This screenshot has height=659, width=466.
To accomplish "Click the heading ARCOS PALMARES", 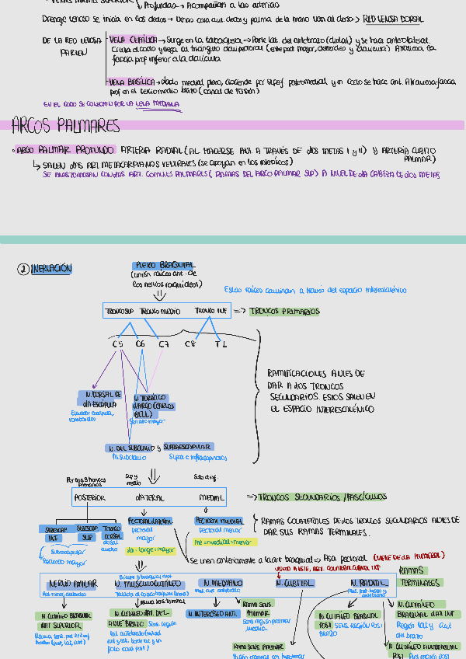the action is [x=66, y=126].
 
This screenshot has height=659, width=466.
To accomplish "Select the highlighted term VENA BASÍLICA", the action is [x=130, y=81].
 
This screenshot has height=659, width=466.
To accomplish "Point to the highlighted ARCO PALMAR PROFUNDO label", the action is [x=66, y=149].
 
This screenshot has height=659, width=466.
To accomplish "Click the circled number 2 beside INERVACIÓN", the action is [x=24, y=269].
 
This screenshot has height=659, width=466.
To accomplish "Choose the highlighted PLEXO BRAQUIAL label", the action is [x=165, y=265].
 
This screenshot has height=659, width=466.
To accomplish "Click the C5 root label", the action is [x=117, y=343].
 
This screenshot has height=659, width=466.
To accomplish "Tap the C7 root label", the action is [x=163, y=343].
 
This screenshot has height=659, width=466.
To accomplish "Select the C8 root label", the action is [x=190, y=343].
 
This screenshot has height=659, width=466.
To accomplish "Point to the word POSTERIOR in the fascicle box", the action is [x=89, y=497].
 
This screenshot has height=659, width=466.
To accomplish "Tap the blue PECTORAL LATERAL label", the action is [x=150, y=521].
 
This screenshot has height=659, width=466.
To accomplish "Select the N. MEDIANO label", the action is [x=222, y=583].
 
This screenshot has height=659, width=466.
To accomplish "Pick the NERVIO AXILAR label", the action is [x=72, y=583].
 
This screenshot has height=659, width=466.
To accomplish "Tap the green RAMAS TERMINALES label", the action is [x=419, y=577].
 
